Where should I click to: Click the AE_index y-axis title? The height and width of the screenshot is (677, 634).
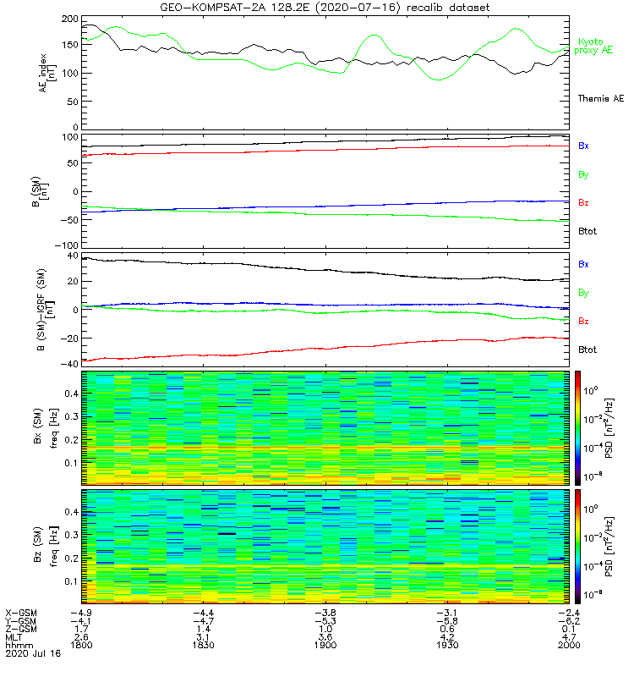pyautogui.click(x=49, y=73)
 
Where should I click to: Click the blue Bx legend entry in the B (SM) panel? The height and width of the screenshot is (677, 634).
pyautogui.click(x=583, y=146)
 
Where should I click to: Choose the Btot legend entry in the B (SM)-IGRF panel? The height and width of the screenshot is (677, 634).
pyautogui.click(x=588, y=350)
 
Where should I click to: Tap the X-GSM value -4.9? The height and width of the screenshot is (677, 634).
pyautogui.click(x=81, y=611)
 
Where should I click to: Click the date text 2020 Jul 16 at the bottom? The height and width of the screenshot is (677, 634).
pyautogui.click(x=30, y=653)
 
